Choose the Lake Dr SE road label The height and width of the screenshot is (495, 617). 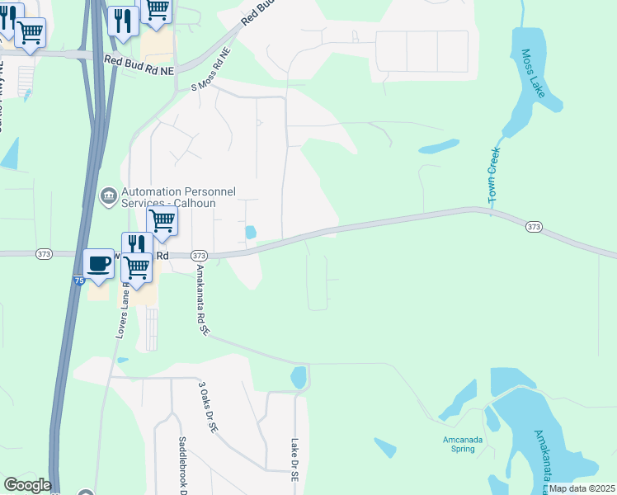click(x=294, y=459)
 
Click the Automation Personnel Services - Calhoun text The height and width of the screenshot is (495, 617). click(x=178, y=197)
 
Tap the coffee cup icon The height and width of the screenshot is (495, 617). click(x=99, y=264)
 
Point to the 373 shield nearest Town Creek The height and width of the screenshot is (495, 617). click(x=534, y=226)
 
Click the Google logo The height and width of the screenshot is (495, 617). click(x=27, y=485)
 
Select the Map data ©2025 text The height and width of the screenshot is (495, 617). click(x=582, y=488)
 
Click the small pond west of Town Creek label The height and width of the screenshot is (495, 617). click(x=439, y=148)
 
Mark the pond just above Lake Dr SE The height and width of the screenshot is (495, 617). click(x=299, y=378)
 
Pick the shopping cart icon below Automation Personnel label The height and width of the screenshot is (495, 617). click(x=162, y=220)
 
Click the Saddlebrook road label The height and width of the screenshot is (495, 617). click(x=184, y=467)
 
